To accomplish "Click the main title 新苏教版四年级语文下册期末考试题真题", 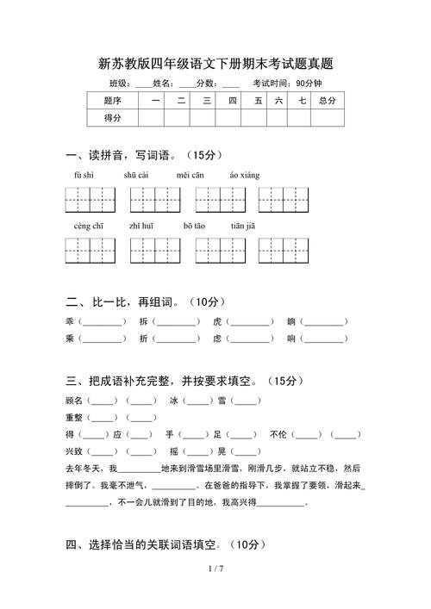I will (x=215, y=64).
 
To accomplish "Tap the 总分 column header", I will (x=327, y=101).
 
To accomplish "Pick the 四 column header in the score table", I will (x=232, y=101).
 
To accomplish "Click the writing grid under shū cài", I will (x=154, y=200).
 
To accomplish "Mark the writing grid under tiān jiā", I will (x=283, y=251).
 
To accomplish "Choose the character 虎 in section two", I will (x=218, y=321).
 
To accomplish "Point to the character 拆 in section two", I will (x=144, y=321).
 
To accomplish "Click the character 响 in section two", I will (x=292, y=339).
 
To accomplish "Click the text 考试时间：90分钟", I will (x=287, y=84).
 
